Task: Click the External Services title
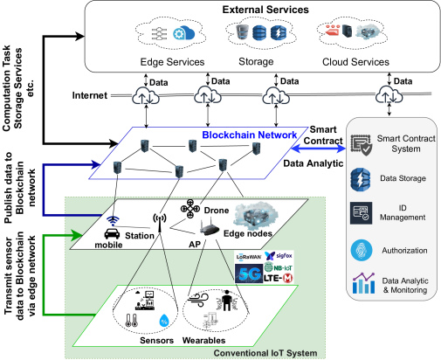pyautogui.click(x=265, y=10)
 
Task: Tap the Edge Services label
pyautogui.click(x=172, y=62)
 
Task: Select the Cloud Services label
pyautogui.click(x=355, y=62)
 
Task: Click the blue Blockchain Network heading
pyautogui.click(x=250, y=135)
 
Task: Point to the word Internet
pyautogui.click(x=90, y=95)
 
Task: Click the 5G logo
pyautogui.click(x=249, y=273)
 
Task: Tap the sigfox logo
pyautogui.click(x=279, y=256)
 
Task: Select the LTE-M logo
pyautogui.click(x=278, y=279)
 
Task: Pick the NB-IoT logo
pyautogui.click(x=279, y=267)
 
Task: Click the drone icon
pyautogui.click(x=190, y=209)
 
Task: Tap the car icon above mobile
pyautogui.click(x=112, y=233)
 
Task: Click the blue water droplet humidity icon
pyautogui.click(x=164, y=321)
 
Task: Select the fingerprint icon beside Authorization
pyautogui.click(x=362, y=250)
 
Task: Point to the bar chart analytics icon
pyautogui.click(x=363, y=283)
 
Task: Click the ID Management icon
pyautogui.click(x=361, y=213)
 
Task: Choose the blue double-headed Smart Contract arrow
pyautogui.click(x=318, y=149)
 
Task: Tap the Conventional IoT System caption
pyautogui.click(x=265, y=353)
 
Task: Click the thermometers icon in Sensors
pyautogui.click(x=131, y=320)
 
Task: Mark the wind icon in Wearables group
pyautogui.click(x=198, y=300)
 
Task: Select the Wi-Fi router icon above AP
pyautogui.click(x=210, y=228)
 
